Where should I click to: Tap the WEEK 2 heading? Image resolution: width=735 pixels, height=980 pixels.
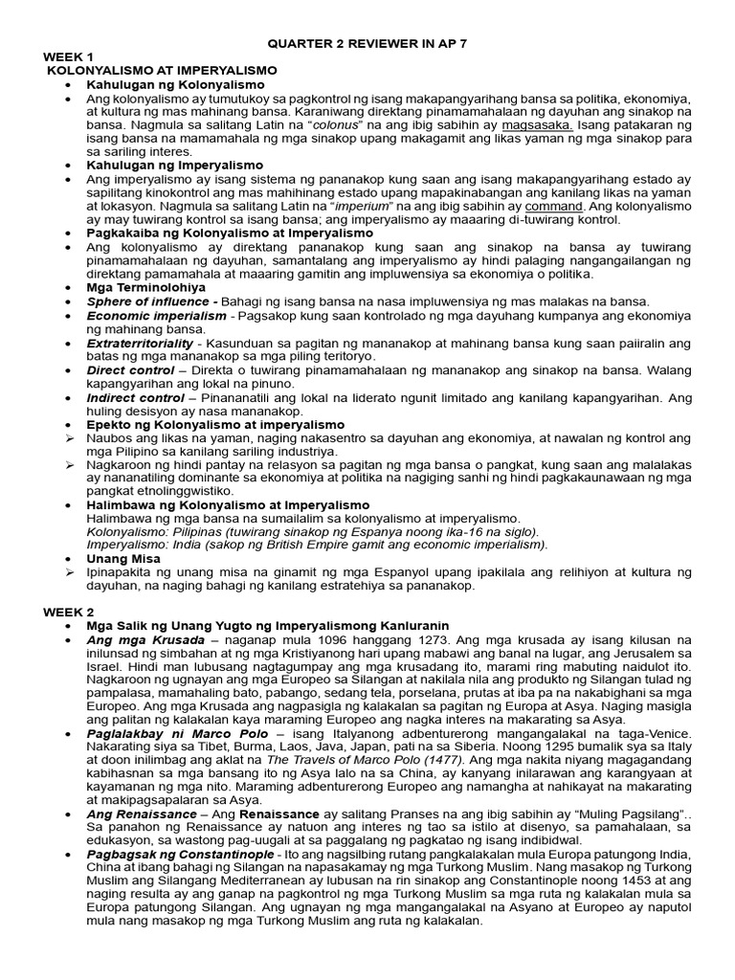[67, 612]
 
